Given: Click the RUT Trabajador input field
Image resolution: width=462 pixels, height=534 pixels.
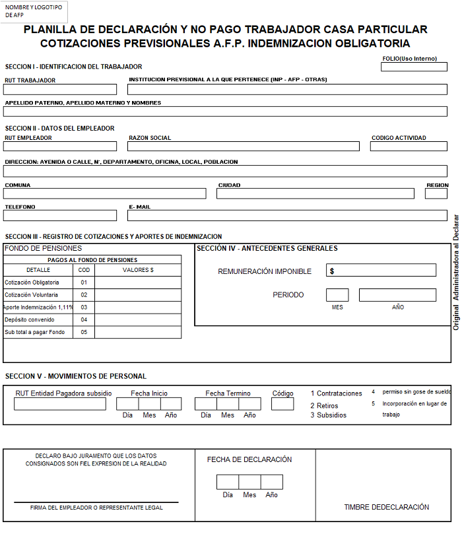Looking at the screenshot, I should (60, 90).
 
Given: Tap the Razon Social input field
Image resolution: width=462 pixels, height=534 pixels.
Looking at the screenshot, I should (244, 147).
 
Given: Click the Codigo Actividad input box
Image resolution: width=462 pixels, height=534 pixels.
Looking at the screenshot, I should (409, 147).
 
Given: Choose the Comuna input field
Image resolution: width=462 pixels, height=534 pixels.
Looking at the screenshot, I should (106, 194).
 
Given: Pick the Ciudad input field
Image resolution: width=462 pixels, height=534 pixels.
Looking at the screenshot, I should (315, 194).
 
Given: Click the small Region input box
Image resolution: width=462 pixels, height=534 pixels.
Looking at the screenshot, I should (436, 194).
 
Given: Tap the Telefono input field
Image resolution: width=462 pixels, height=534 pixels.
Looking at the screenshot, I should (60, 216).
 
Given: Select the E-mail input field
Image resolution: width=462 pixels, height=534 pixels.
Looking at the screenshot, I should (287, 216).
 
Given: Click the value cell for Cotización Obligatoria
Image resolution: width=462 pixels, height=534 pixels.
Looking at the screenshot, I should (138, 283).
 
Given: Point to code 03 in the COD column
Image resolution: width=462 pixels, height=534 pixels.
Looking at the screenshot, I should (84, 308).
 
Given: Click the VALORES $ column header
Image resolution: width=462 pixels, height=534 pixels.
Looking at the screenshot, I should (138, 270).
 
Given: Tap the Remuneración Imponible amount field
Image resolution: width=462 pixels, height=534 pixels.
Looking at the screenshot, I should (381, 271).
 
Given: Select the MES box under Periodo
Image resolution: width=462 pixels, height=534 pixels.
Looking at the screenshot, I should (337, 295).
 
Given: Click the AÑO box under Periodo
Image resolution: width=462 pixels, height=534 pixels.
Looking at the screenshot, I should (397, 295).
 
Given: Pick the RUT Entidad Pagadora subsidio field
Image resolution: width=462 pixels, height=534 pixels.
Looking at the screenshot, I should (60, 404).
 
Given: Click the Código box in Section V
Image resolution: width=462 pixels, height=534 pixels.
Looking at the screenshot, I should (282, 404).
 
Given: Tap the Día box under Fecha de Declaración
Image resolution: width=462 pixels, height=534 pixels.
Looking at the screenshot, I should (228, 482).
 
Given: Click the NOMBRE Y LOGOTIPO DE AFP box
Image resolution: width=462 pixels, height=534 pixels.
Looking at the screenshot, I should (34, 11).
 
